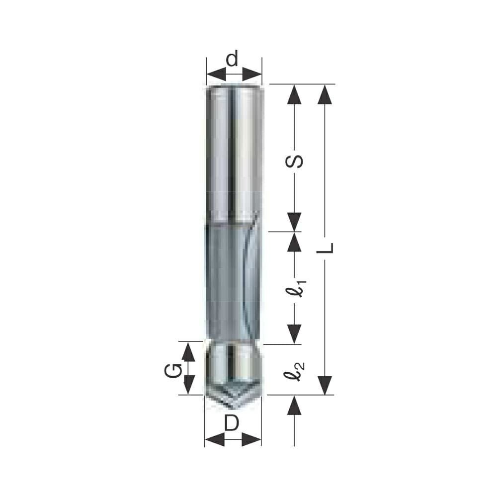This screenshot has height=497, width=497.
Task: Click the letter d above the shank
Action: pos(232,59)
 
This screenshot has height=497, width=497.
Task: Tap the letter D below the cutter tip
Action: pos(232,423)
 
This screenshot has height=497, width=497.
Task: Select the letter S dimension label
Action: pos(294,162)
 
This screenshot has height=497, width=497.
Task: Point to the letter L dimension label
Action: pos(325,248)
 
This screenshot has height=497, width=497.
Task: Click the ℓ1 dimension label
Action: pos(297,287)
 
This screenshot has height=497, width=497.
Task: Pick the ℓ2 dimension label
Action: pos(294,371)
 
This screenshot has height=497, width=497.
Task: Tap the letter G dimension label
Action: pos(173,371)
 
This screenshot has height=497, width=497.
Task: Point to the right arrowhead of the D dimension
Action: pos(251,440)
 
